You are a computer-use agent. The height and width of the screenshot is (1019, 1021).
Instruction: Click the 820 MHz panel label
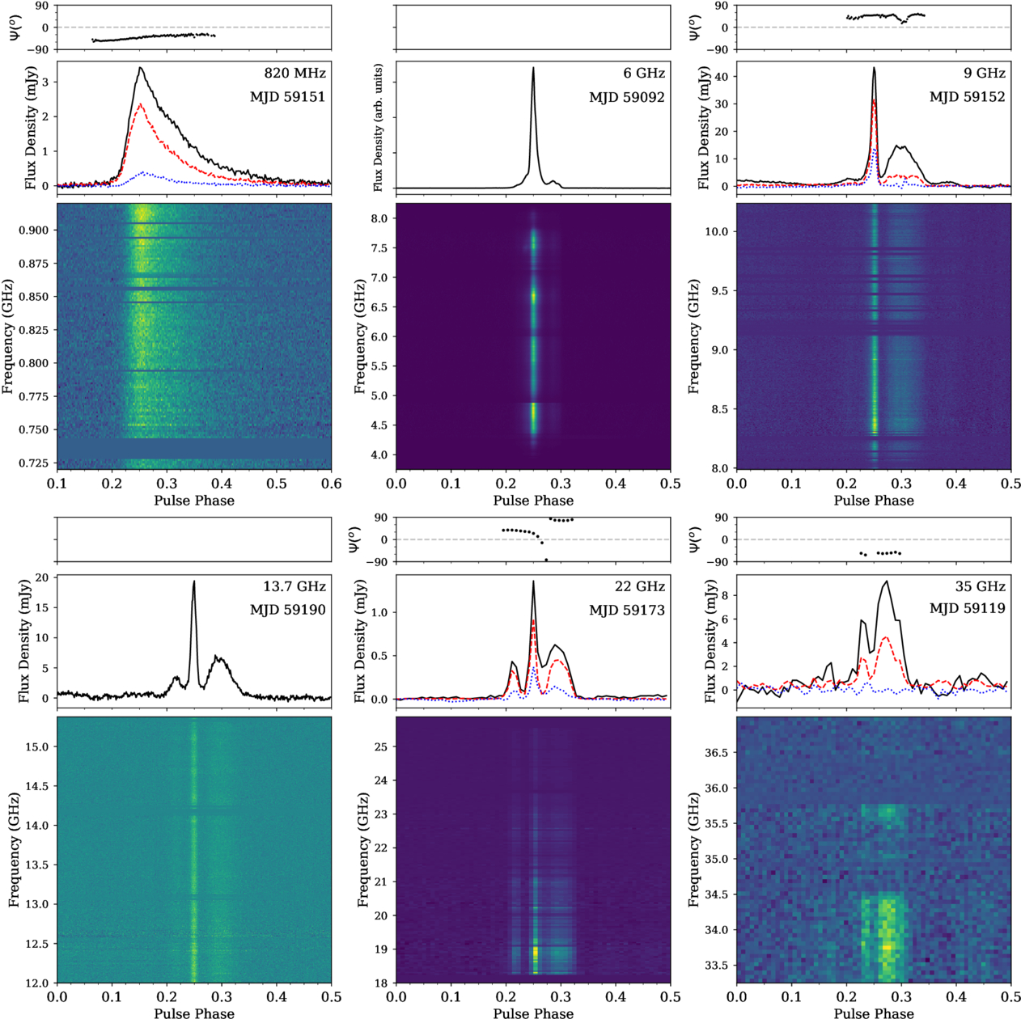click(295, 73)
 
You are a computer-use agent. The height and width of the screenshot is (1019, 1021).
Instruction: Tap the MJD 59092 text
click(627, 97)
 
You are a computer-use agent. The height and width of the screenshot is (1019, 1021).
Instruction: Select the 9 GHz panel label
click(985, 73)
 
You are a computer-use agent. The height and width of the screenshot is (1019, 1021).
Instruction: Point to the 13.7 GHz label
click(294, 586)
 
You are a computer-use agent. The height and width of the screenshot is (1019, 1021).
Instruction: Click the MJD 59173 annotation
click(627, 611)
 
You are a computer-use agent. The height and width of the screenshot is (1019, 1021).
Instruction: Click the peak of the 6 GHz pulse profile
click(533, 67)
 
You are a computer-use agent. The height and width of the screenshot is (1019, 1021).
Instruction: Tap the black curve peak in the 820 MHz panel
click(140, 67)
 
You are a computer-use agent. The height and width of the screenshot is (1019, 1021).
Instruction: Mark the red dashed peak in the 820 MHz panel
click(140, 104)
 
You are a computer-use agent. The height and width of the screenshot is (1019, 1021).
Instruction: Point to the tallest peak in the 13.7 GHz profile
click(194, 581)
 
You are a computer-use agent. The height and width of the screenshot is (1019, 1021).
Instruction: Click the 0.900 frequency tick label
click(35, 230)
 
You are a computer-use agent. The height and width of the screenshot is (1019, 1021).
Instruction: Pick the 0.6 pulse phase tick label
click(331, 484)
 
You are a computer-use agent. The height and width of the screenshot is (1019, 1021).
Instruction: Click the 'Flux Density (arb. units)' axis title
click(379, 129)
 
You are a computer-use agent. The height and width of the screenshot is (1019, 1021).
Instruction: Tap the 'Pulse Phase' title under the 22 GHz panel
click(533, 1013)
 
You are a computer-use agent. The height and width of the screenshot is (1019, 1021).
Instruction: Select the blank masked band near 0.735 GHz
click(194, 448)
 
